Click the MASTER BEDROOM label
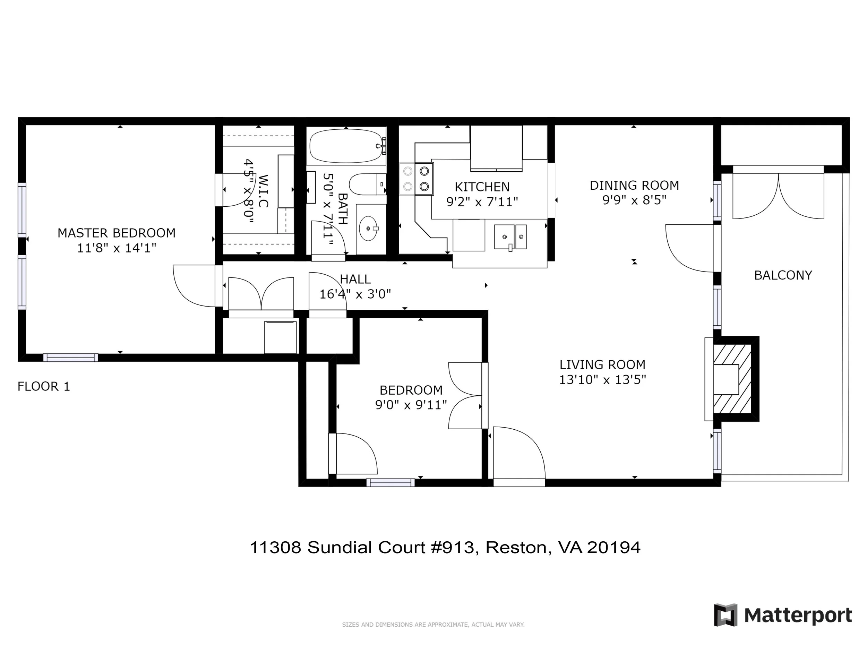pyautogui.click(x=116, y=233)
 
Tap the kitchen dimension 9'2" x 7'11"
pyautogui.click(x=482, y=202)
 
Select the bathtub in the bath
pyautogui.click(x=346, y=146)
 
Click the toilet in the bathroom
pyautogui.click(x=367, y=184)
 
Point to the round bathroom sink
pyautogui.click(x=369, y=228)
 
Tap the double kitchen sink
pyautogui.click(x=510, y=237)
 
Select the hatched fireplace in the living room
pyautogui.click(x=733, y=379)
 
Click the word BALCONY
pyautogui.click(x=783, y=275)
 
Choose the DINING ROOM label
pyautogui.click(x=634, y=186)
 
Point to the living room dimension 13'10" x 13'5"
pyautogui.click(x=602, y=380)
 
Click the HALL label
pyautogui.click(x=355, y=280)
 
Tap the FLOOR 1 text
pyautogui.click(x=44, y=386)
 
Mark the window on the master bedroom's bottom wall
pyautogui.click(x=71, y=358)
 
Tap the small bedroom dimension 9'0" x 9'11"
pyautogui.click(x=411, y=405)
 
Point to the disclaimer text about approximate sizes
pyautogui.click(x=433, y=624)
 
